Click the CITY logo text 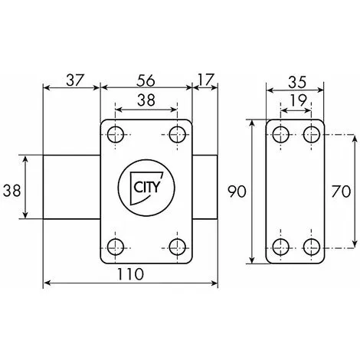(x=146, y=187)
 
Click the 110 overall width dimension (x=130, y=274)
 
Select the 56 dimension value (x=146, y=80)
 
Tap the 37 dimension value (x=75, y=80)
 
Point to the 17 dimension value (x=205, y=80)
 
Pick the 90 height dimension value (x=237, y=191)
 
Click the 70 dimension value (x=341, y=191)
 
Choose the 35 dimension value (x=297, y=83)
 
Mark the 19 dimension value (x=298, y=100)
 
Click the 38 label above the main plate (x=146, y=100)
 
